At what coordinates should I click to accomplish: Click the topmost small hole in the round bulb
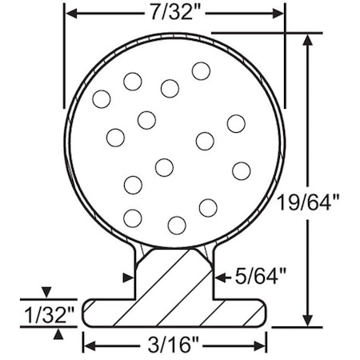[201, 71]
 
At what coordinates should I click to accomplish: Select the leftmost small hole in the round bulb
[101, 99]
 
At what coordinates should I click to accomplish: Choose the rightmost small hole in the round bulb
[242, 170]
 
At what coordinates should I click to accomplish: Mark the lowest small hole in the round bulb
[177, 225]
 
